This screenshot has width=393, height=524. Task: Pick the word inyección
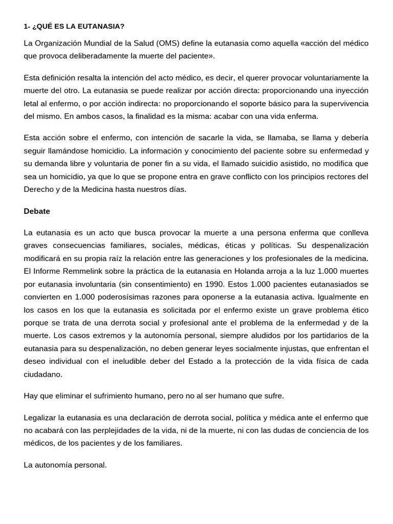(x=350, y=91)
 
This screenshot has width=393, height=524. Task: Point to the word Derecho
(x=37, y=189)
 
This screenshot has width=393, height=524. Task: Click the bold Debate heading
(x=37, y=211)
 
